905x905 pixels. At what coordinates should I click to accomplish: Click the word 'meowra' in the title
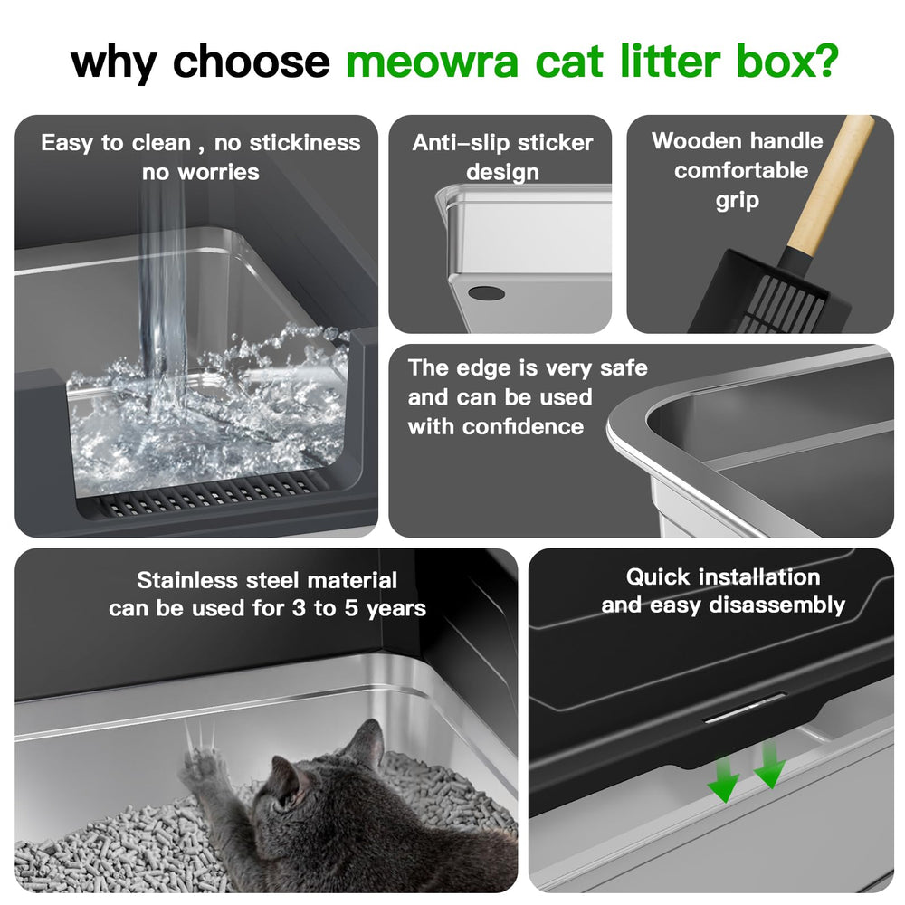(432, 62)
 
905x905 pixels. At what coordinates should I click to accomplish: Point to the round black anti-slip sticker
(486, 293)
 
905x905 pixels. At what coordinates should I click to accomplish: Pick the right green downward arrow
(769, 766)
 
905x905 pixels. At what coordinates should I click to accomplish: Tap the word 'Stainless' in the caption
(187, 580)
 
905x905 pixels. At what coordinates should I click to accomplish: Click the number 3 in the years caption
(299, 608)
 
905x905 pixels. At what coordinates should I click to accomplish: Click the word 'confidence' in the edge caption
(523, 426)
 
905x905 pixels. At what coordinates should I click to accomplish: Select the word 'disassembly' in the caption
(776, 605)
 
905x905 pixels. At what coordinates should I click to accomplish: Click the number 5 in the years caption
(351, 608)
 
